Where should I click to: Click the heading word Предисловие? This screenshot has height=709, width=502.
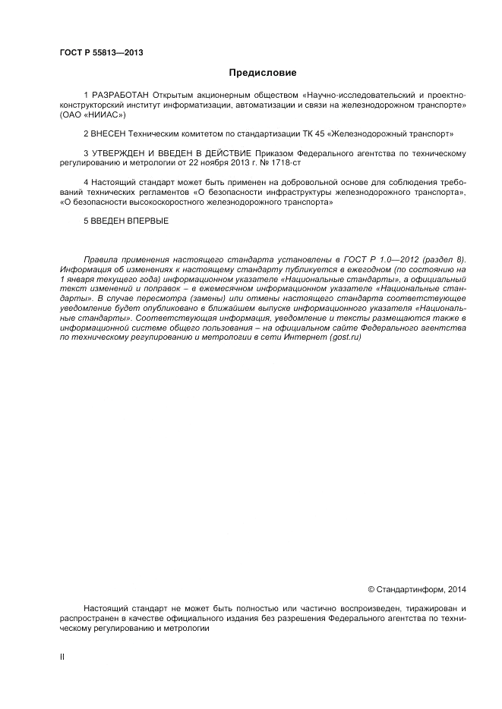pyautogui.click(x=263, y=73)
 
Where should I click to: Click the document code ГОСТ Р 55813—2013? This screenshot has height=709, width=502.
pyautogui.click(x=101, y=52)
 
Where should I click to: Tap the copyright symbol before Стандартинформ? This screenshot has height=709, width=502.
pyautogui.click(x=371, y=588)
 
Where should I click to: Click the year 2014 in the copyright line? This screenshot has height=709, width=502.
pyautogui.click(x=456, y=588)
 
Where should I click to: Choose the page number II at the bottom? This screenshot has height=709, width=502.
pyautogui.click(x=62, y=657)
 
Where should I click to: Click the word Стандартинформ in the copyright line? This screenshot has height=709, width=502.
pyautogui.click(x=410, y=588)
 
